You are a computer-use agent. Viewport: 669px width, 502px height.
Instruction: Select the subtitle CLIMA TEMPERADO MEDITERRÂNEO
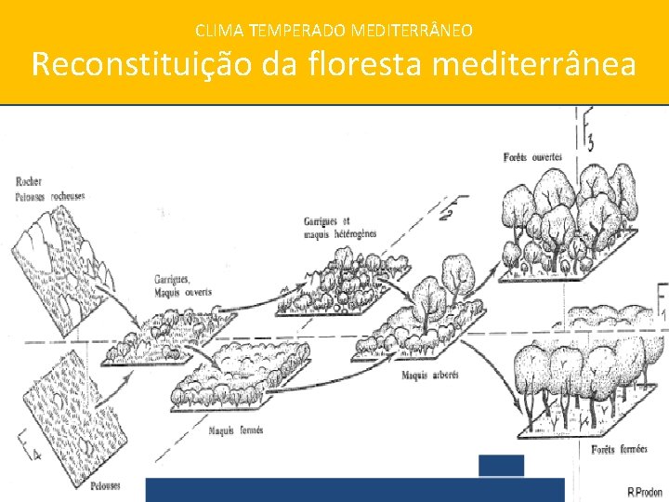334,31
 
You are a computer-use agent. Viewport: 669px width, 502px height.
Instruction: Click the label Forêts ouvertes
531,157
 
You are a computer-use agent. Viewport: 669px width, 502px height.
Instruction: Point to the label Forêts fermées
620,451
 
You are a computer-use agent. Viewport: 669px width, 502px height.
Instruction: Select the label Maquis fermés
236,429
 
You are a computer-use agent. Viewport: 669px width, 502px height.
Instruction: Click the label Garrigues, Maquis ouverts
183,284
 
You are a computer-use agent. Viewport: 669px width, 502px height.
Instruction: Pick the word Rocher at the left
29,181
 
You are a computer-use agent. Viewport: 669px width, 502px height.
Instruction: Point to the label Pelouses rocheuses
49,196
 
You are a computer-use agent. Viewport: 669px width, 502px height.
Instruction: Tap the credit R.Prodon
644,491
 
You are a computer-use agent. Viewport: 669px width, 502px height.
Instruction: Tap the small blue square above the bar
501,465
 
